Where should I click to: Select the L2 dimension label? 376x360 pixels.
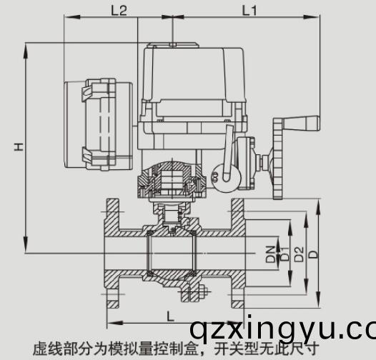coord(119,10)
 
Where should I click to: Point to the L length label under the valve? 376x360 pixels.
coord(169,314)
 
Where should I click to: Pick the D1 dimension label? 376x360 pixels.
coord(284,252)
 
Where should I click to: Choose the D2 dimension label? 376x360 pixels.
coord(299,252)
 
